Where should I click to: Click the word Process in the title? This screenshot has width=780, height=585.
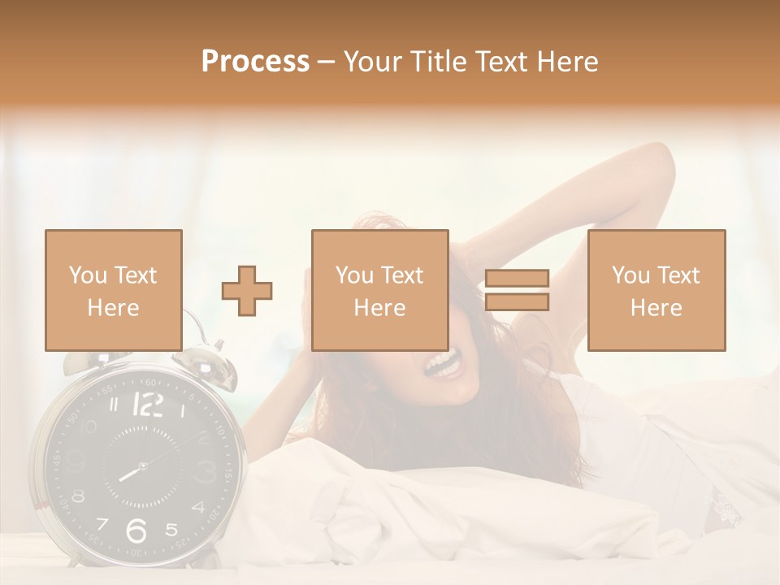click(255, 62)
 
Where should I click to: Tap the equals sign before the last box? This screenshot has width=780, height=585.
click(517, 290)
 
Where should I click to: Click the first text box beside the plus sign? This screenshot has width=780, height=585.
click(114, 290)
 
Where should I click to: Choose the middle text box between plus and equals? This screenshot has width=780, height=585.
click(379, 290)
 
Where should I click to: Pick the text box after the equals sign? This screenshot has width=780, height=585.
click(656, 290)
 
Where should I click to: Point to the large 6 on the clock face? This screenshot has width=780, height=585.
click(136, 530)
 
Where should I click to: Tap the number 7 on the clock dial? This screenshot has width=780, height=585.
click(103, 524)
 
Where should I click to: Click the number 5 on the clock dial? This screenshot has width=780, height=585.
click(171, 530)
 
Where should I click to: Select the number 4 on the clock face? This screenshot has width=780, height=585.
click(198, 508)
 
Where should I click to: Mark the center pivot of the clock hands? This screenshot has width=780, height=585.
click(142, 466)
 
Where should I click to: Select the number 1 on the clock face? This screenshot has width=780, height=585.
click(181, 411)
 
